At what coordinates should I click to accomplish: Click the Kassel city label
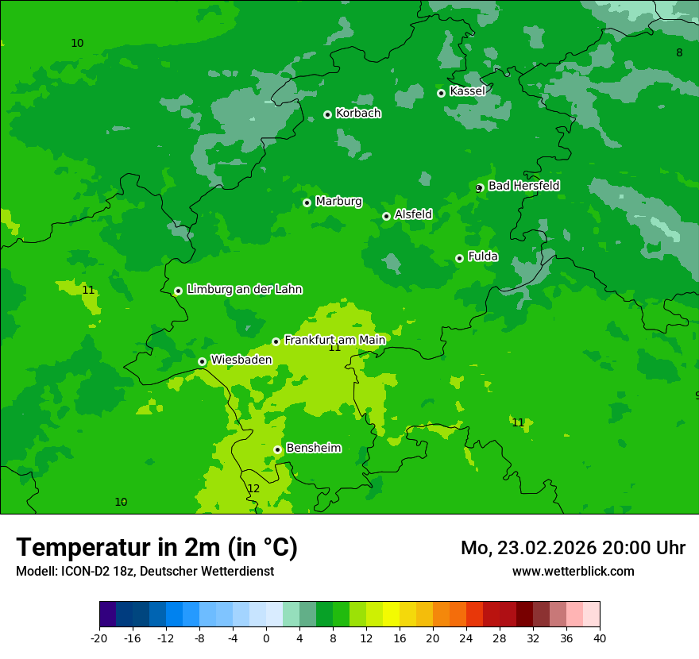point(467,91)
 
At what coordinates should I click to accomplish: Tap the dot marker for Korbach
point(327,114)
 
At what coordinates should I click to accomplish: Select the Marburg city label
point(338,202)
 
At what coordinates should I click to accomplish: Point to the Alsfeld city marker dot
point(386,216)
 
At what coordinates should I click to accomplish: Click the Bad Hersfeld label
point(523,186)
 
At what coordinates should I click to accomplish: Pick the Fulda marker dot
point(459,258)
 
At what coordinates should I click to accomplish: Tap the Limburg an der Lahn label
point(244,290)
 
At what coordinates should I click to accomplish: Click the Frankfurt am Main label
point(334,340)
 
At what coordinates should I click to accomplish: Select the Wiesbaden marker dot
point(203,361)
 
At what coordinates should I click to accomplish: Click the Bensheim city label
point(313,448)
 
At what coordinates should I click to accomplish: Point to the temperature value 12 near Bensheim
point(253,488)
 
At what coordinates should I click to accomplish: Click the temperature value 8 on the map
point(679,52)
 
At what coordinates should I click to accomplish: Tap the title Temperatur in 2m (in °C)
point(156,548)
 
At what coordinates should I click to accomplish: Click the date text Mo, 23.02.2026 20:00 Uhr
point(573,548)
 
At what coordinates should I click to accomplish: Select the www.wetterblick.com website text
point(573,571)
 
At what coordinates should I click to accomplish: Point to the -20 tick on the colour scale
point(99,638)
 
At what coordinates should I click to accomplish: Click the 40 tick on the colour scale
point(600,638)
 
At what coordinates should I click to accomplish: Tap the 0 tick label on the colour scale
point(266,638)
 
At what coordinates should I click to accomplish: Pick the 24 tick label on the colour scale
point(466,638)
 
